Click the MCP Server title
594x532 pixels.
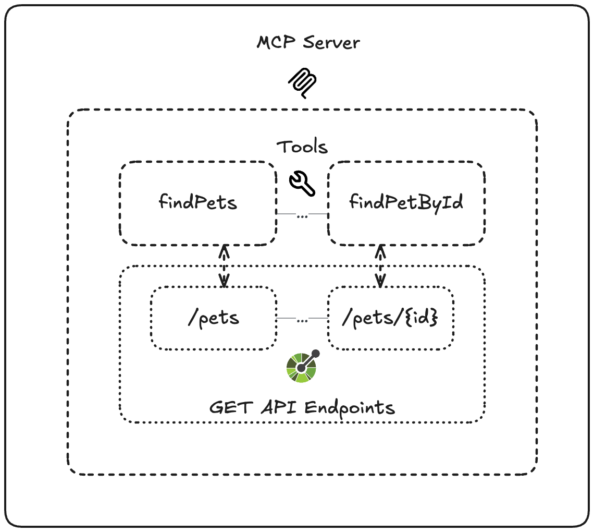pyautogui.click(x=308, y=42)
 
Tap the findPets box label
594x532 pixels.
pyautogui.click(x=198, y=202)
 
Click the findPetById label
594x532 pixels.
pyautogui.click(x=406, y=202)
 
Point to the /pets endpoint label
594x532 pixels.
pyautogui.click(x=214, y=318)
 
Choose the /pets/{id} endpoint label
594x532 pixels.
pyautogui.click(x=389, y=318)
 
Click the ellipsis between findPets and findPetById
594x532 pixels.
pyautogui.click(x=302, y=215)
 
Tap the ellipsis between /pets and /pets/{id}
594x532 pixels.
pyautogui.click(x=302, y=320)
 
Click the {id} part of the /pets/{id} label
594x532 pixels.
pyautogui.click(x=422, y=318)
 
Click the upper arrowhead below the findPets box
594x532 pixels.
pyautogui.click(x=224, y=251)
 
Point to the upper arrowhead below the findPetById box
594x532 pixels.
pyautogui.click(x=380, y=251)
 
